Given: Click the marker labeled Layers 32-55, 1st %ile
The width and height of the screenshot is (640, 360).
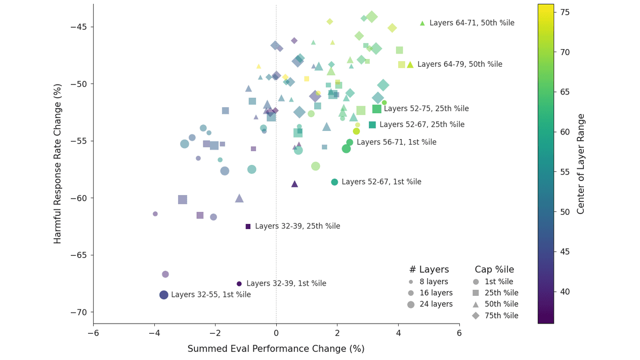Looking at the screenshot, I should [x=164, y=295].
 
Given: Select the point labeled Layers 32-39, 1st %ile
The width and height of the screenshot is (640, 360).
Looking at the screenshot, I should [x=239, y=284].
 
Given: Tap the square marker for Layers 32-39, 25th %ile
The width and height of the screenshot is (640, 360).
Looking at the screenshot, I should [x=248, y=227].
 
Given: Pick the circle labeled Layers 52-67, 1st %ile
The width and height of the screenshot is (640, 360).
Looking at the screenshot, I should [x=334, y=182].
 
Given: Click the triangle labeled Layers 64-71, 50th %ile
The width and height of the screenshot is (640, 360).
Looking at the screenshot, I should [x=422, y=23].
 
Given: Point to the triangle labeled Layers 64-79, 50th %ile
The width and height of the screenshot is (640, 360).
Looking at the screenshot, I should [x=410, y=65].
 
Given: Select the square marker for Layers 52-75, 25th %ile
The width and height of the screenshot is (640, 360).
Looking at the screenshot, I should [x=377, y=109].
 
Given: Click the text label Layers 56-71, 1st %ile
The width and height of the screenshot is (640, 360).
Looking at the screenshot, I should [x=396, y=143].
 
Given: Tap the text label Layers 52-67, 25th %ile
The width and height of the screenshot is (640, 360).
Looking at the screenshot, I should [x=421, y=125].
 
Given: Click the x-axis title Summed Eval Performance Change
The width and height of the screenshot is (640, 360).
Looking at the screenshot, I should [x=276, y=349].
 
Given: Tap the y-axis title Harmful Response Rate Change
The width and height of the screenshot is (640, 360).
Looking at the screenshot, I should [x=58, y=163].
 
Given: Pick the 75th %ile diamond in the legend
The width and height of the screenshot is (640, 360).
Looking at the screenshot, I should [x=496, y=316].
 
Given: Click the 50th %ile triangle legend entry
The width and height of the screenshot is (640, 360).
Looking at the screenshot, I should [x=496, y=304].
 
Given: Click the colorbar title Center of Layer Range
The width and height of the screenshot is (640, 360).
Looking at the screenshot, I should [x=581, y=163].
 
